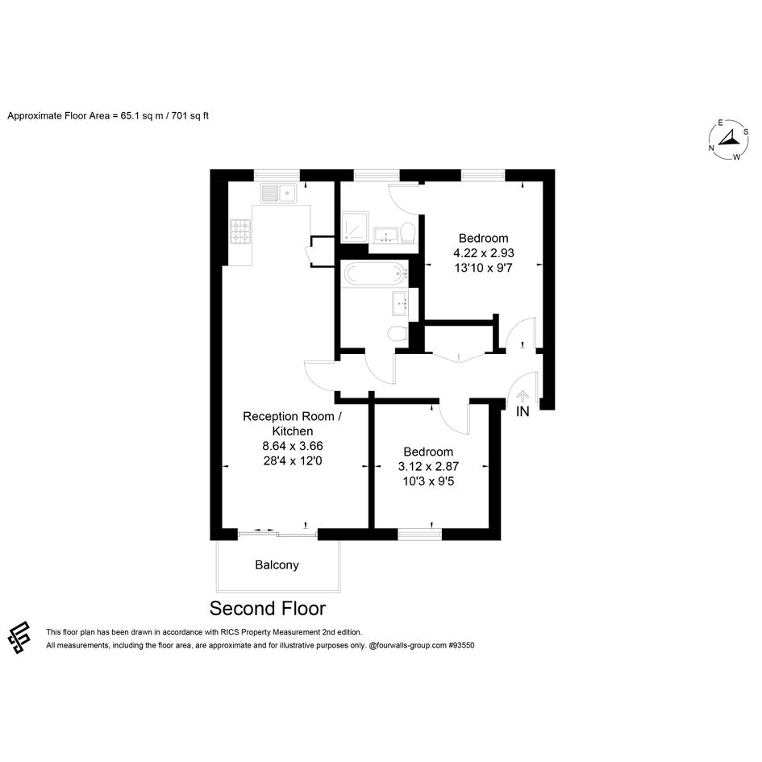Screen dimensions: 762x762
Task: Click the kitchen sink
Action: coord(278,193)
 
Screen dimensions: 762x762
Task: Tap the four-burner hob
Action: coord(240,231)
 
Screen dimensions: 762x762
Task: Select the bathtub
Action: coord(374,273)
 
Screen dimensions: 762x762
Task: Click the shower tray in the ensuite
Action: coord(355,227)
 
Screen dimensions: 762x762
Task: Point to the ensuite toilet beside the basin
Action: coord(408,233)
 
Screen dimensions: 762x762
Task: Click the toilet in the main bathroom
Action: coord(398,333)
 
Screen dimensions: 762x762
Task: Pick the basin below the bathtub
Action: coord(401,304)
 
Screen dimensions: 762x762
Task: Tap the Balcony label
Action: coord(277,564)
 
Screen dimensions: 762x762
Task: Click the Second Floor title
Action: coord(267,609)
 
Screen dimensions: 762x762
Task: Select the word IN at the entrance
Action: coord(523,411)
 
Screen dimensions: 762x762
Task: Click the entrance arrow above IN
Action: coord(523,397)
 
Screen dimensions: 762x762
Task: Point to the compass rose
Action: coord(728,140)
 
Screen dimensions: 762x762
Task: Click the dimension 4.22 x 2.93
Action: coord(484,252)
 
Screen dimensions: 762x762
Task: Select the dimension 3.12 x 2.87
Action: coord(429,467)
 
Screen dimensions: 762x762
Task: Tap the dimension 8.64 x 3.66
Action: coord(293,446)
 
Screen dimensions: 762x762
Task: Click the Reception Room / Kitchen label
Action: coord(293,424)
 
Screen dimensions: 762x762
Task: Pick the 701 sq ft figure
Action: coord(190,115)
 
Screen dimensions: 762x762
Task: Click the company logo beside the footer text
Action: coord(19,638)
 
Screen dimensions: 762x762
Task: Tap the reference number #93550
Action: coord(461,645)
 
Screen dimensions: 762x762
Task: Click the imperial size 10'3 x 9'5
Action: coord(429,481)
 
